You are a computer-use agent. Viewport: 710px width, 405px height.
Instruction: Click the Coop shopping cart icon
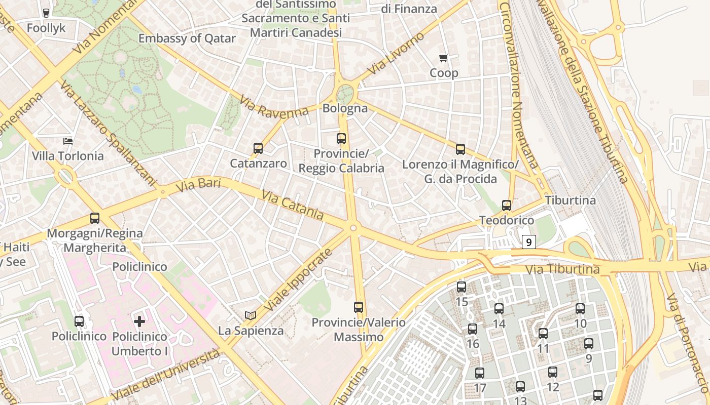click(x=444, y=58)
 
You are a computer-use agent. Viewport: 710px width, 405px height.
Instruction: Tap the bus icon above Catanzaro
click(x=258, y=148)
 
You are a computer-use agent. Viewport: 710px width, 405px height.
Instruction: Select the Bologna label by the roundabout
click(x=345, y=108)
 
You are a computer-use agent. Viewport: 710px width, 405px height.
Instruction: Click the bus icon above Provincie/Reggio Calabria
click(x=341, y=138)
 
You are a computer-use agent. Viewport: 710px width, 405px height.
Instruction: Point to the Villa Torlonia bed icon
click(x=67, y=141)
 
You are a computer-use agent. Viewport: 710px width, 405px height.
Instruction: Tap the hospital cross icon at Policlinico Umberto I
click(x=139, y=321)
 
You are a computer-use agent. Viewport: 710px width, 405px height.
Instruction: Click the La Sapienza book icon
click(x=251, y=315)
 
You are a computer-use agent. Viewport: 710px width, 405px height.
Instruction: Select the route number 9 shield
click(x=529, y=242)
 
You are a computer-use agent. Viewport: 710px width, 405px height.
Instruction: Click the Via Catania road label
click(x=293, y=205)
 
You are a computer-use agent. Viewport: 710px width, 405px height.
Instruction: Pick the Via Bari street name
click(x=198, y=185)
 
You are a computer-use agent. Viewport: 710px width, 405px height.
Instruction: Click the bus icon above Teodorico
click(x=507, y=206)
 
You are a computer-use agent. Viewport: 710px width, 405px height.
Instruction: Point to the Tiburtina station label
click(x=571, y=200)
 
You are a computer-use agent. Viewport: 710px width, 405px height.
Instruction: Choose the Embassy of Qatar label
click(x=187, y=38)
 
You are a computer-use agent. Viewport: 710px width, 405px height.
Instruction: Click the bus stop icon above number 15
click(x=461, y=287)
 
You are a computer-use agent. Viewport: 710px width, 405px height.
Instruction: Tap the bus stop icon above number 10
click(x=580, y=308)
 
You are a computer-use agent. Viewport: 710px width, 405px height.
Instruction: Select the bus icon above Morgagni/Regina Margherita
click(x=95, y=218)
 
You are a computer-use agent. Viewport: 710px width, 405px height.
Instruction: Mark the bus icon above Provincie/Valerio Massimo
click(x=359, y=307)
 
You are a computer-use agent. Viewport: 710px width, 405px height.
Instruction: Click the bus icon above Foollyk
click(x=46, y=13)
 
